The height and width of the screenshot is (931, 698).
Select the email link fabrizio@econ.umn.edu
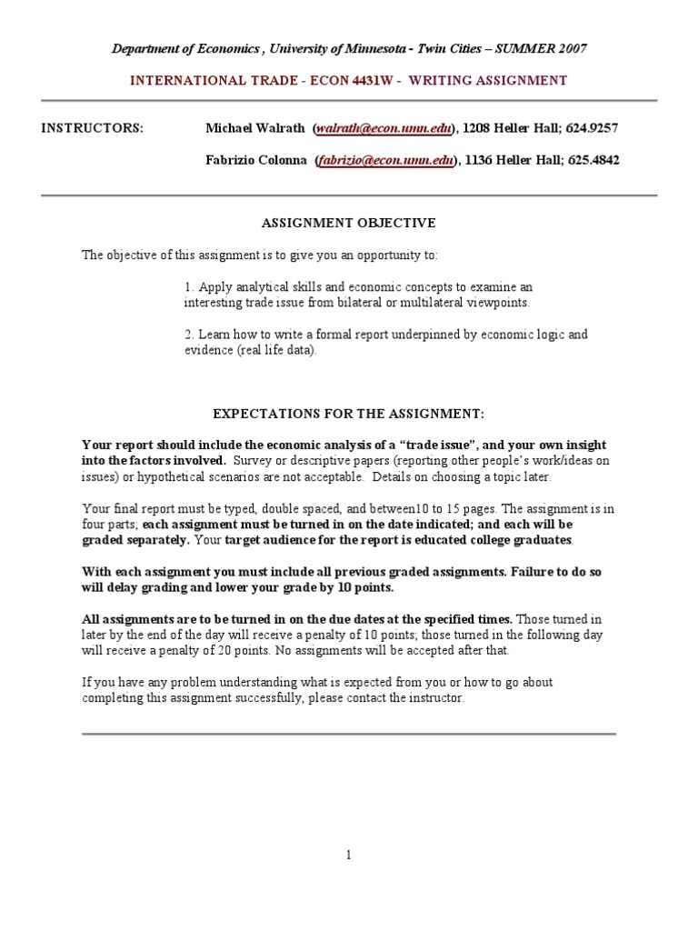tap(385, 161)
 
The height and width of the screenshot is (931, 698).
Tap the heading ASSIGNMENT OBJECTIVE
tap(349, 223)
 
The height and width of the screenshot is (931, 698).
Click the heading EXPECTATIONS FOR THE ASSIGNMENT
tap(349, 413)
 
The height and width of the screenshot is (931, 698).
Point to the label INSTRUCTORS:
tap(92, 128)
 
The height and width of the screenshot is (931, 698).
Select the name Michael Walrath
tap(255, 128)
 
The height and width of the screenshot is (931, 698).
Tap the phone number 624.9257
tap(593, 128)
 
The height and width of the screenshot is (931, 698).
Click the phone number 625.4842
tap(594, 161)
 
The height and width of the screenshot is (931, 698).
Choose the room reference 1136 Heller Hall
tap(511, 161)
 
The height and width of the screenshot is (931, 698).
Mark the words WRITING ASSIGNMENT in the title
tap(488, 81)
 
